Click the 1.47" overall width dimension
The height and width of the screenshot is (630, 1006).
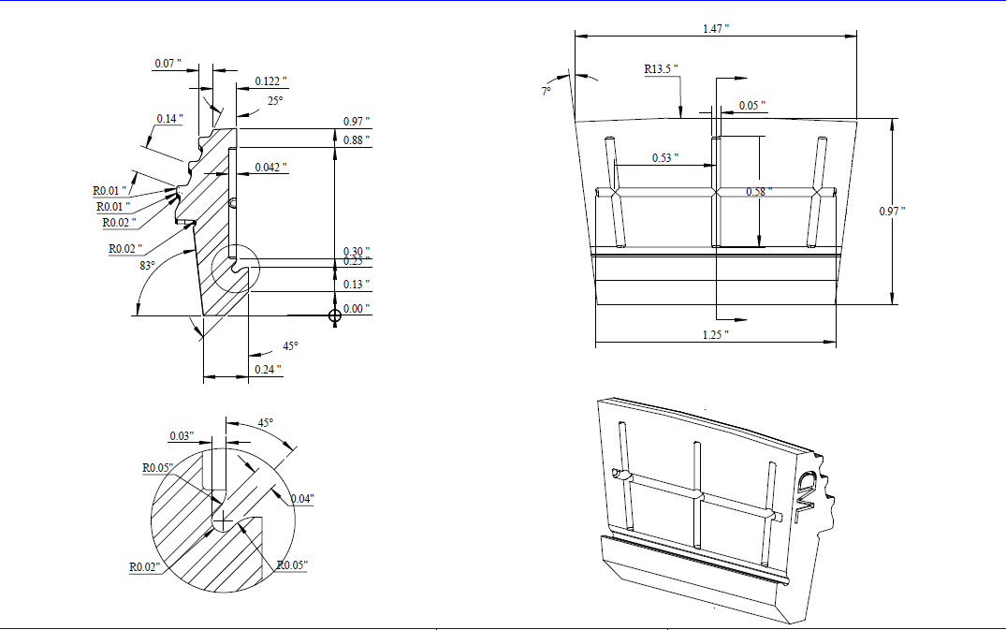click(716, 29)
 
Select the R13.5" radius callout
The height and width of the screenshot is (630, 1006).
click(661, 69)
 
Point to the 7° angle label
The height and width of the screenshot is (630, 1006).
click(546, 91)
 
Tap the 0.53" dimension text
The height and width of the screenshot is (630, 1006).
click(665, 157)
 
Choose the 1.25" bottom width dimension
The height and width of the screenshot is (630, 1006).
click(715, 334)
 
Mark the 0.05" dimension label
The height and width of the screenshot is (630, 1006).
click(752, 105)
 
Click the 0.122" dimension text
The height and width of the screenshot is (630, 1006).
click(271, 81)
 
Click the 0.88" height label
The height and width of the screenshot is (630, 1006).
click(356, 140)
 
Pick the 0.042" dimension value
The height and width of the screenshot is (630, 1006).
click(271, 168)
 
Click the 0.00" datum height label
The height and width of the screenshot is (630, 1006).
click(356, 308)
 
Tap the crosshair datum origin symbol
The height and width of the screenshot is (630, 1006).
click(335, 315)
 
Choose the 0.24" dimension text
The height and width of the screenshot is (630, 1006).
click(268, 370)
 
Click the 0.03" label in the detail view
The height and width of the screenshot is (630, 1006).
click(182, 436)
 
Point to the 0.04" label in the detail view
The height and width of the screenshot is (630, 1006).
click(301, 498)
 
